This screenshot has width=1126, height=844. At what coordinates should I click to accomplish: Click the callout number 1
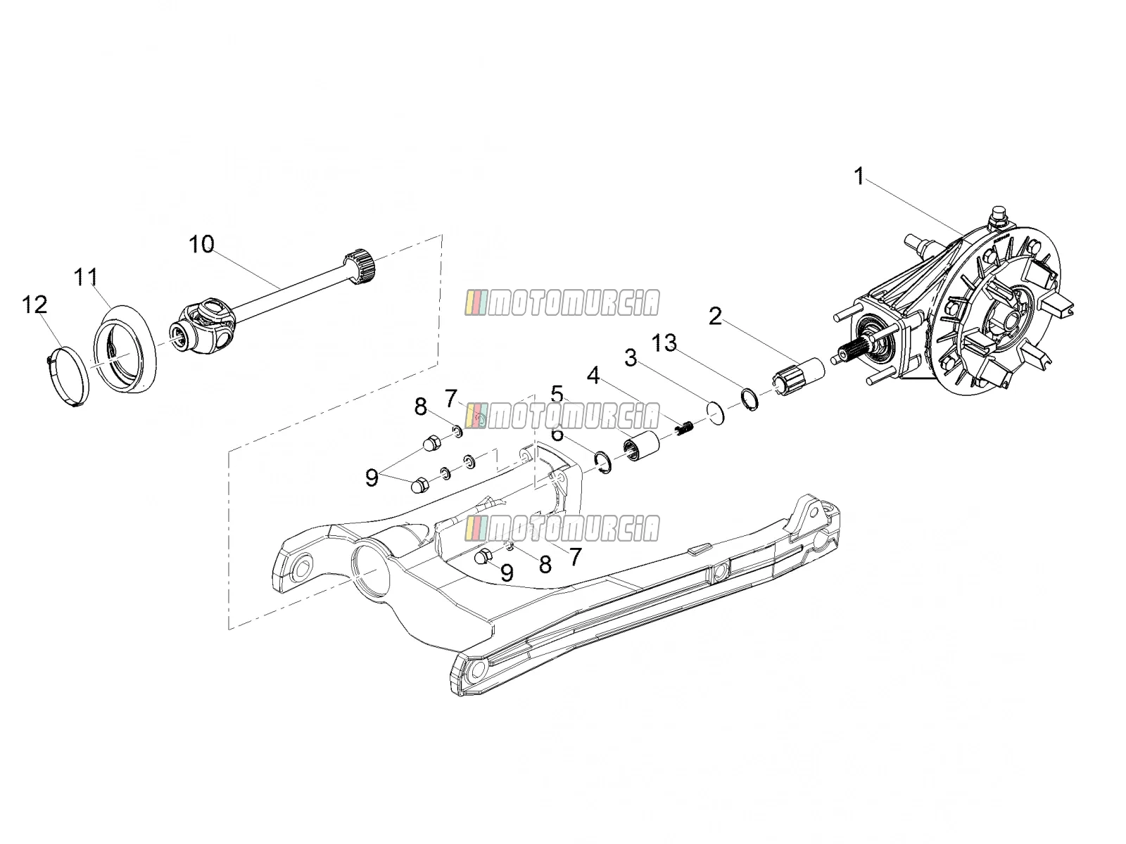pyautogui.click(x=859, y=177)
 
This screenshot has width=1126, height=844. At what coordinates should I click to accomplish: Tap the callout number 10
pyautogui.click(x=201, y=245)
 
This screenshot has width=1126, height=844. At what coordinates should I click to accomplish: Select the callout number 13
pyautogui.click(x=664, y=343)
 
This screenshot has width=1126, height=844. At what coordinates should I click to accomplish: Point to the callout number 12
pyautogui.click(x=35, y=305)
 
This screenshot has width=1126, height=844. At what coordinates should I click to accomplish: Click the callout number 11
pyautogui.click(x=86, y=277)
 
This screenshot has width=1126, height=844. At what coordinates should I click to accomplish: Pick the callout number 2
pyautogui.click(x=715, y=316)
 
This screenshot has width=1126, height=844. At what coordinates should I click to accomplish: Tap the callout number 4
pyautogui.click(x=593, y=376)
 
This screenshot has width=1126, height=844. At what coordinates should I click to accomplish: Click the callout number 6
pyautogui.click(x=557, y=433)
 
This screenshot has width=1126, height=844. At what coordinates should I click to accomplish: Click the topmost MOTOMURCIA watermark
pyautogui.click(x=562, y=302)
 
